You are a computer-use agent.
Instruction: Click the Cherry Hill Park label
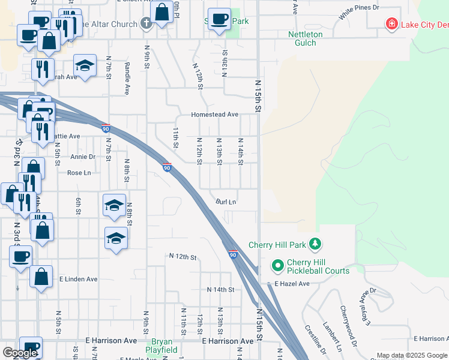click(x=278, y=245)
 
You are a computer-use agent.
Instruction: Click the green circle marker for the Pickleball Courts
click(x=277, y=265)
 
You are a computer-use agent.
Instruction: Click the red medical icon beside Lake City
click(x=391, y=24)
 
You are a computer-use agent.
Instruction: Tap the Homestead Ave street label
click(x=215, y=115)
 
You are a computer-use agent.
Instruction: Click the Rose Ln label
click(x=79, y=173)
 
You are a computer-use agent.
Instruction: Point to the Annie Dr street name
click(x=83, y=157)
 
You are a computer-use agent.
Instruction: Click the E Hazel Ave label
click(x=292, y=283)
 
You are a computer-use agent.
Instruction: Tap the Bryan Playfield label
click(x=162, y=345)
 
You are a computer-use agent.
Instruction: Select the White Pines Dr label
click(x=359, y=8)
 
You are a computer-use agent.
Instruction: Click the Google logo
click(x=20, y=353)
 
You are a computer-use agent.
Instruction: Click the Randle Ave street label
click(x=127, y=79)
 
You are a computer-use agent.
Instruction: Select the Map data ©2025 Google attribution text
click(x=412, y=355)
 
